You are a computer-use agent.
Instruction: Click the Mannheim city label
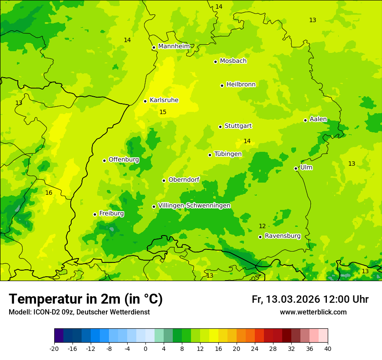174,46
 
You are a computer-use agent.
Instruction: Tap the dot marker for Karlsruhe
145,101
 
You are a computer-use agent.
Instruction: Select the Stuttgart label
238,126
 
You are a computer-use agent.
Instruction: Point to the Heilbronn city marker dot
222,85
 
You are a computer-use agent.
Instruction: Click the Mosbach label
233,61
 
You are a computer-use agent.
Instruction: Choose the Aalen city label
318,119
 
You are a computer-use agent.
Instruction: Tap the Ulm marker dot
296,168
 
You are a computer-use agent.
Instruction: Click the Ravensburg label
283,236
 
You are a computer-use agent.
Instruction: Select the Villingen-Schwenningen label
194,206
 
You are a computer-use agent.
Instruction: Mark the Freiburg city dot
95,214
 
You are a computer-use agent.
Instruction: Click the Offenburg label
124,160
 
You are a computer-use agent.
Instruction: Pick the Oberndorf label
184,180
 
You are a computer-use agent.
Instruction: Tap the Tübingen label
228,154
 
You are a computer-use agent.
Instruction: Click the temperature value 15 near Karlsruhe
163,112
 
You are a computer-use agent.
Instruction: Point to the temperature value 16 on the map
49,193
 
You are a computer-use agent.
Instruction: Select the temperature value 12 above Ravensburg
262,226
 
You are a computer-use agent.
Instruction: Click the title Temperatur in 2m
86,299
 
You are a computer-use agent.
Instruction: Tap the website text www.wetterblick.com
313,312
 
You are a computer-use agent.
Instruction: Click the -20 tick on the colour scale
54,348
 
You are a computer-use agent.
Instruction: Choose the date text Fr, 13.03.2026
286,299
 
